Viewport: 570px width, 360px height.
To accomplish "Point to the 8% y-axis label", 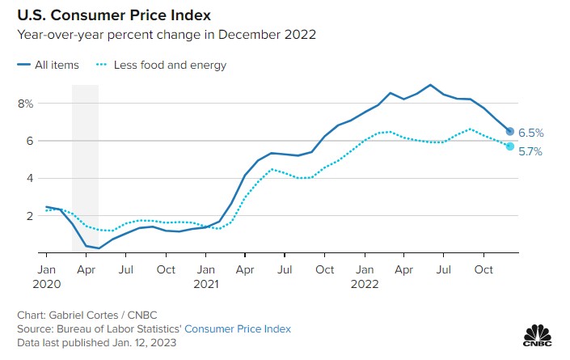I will [x=25, y=104].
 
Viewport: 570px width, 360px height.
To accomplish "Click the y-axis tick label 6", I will [x=28, y=141].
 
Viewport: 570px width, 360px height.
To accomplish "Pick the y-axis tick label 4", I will [x=28, y=178].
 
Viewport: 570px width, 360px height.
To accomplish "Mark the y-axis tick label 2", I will [x=28, y=216].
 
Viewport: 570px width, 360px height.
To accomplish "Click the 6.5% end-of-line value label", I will [x=531, y=133].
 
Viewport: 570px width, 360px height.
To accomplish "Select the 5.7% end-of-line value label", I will [x=531, y=151].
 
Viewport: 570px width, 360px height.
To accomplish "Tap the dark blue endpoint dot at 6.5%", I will [x=510, y=131].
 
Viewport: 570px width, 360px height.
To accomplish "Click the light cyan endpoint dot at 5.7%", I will [x=510, y=146].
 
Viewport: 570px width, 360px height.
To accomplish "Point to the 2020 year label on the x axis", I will [x=47, y=284].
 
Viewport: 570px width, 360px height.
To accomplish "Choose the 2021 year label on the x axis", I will [x=206, y=284].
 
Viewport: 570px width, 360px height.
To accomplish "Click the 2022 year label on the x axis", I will [x=365, y=284].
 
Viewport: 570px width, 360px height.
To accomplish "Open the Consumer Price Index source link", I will [x=238, y=329].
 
